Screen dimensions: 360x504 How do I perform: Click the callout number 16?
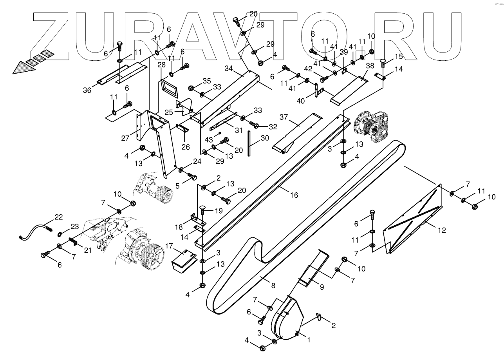point(294,195)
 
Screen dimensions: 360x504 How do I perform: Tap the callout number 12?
point(441,230)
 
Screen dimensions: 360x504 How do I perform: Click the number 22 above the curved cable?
point(58,217)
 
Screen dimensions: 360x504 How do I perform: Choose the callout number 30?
point(265,138)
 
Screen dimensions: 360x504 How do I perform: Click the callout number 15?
point(399,56)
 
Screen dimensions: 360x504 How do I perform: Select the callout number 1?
point(309,340)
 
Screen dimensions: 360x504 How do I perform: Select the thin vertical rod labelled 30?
point(249,143)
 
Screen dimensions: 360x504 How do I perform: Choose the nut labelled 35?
point(192,88)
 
